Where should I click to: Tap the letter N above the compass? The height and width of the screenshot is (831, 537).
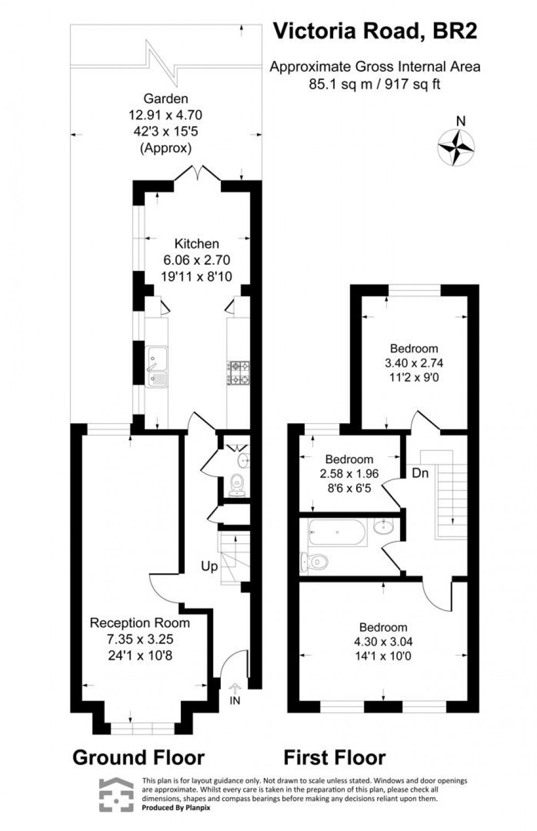tap(461, 122)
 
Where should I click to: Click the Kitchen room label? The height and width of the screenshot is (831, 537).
tap(196, 244)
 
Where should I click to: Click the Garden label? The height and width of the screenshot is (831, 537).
tap(165, 99)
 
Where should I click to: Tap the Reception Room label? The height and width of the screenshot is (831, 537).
tap(140, 623)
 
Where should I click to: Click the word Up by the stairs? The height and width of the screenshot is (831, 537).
tap(209, 566)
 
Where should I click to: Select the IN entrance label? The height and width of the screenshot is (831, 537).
tap(235, 701)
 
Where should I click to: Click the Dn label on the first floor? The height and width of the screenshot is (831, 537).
tap(420, 473)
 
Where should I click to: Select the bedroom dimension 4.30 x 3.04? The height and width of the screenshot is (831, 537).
tap(383, 642)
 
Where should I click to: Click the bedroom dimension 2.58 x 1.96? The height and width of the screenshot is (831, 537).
tap(349, 474)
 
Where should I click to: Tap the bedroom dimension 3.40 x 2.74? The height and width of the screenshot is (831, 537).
tap(414, 363)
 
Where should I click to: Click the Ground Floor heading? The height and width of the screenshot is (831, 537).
tap(139, 758)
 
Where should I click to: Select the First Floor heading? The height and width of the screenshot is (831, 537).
tap(334, 758)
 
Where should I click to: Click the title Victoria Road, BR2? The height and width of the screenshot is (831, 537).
tap(375, 32)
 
